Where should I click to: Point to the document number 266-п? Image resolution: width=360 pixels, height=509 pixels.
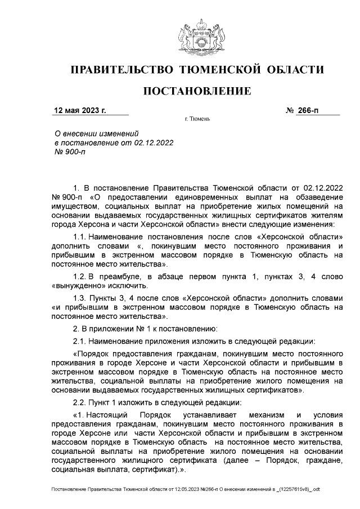click(308, 110)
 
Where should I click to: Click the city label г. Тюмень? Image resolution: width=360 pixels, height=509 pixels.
click(197, 120)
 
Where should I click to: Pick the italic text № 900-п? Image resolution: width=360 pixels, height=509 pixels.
click(69, 152)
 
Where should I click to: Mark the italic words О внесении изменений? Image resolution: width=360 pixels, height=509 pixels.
click(95, 134)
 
